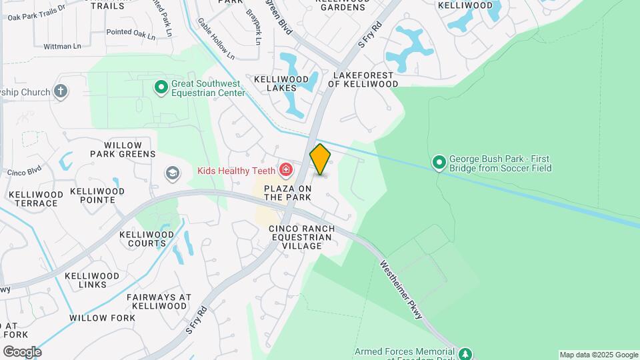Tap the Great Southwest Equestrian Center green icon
point(161,87)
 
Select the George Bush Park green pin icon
point(439,162)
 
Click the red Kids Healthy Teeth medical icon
point(286,171)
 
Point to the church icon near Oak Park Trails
point(61,91)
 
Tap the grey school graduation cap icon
point(173,173)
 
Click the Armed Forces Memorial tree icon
point(466,353)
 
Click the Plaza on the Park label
point(288,193)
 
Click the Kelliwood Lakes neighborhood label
point(281,83)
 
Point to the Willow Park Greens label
point(123,149)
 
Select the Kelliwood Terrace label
point(36,199)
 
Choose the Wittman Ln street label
point(62,46)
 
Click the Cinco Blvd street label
point(24,171)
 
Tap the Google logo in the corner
point(22,352)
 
